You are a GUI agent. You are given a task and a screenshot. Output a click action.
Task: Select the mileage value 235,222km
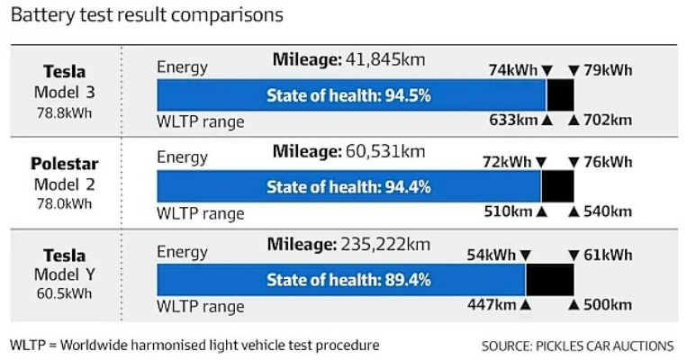pyautogui.click(x=384, y=244)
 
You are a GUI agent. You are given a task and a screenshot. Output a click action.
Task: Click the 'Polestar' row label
pyautogui.click(x=64, y=164)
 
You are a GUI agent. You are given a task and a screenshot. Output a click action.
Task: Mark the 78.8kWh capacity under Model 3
pyautogui.click(x=64, y=112)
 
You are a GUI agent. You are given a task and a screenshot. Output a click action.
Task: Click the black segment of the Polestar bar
pyautogui.click(x=556, y=187)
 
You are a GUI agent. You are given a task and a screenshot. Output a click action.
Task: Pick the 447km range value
pyautogui.click(x=492, y=305)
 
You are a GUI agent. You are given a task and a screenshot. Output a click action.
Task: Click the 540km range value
pyautogui.click(x=607, y=212)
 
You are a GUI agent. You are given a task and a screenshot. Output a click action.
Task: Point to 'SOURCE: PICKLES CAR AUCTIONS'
pyautogui.click(x=577, y=346)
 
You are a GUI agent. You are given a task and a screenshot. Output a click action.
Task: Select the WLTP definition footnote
pyautogui.click(x=194, y=345)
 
